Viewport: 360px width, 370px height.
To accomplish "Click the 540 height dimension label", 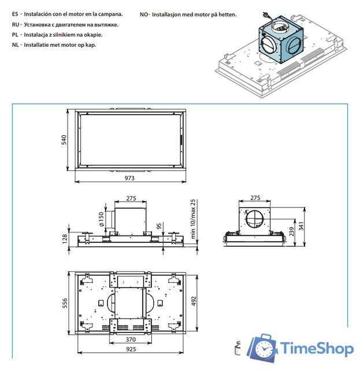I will click(x=65, y=140).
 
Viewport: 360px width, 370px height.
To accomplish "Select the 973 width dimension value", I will click(x=131, y=178).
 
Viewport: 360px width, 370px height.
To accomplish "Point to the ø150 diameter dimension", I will click(x=101, y=218).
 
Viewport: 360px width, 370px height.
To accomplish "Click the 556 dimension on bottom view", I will click(x=65, y=304).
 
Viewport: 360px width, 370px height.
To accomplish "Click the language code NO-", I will click(x=144, y=12).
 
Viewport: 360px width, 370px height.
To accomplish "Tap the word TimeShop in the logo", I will click(x=317, y=350).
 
